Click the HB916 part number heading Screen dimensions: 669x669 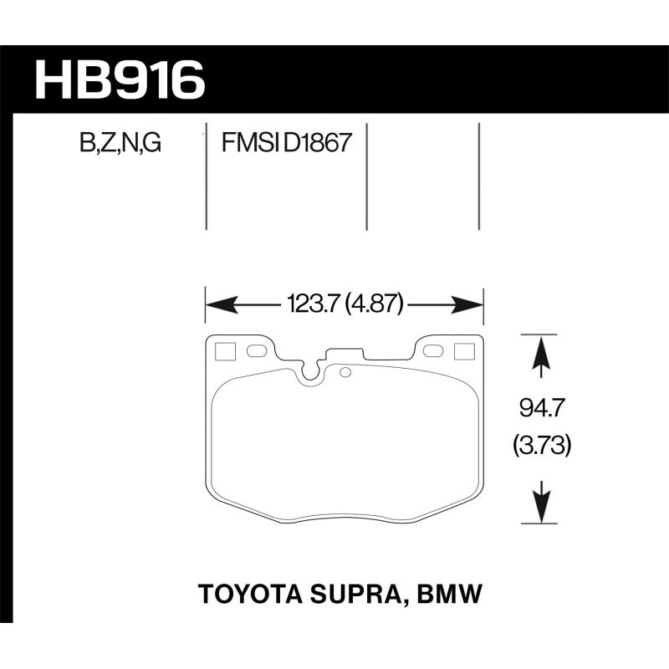coord(119,80)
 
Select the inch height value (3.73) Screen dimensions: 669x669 coord(542,447)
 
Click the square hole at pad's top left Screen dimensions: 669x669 coord(224,351)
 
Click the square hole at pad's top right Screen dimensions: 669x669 coord(462,351)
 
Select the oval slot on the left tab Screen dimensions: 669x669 coord(257,350)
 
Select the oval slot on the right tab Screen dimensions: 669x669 coord(432,350)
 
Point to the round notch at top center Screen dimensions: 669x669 coord(312,374)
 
